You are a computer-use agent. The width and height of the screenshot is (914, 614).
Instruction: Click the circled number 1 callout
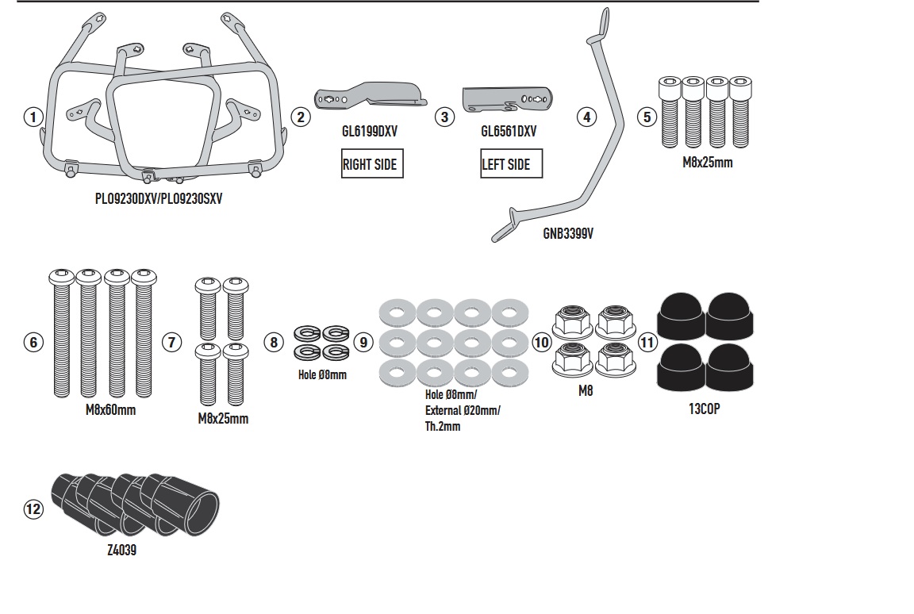[x=33, y=117]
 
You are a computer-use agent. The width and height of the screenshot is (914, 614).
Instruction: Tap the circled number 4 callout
[x=587, y=117]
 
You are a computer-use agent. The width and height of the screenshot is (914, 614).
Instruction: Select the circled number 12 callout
[x=33, y=509]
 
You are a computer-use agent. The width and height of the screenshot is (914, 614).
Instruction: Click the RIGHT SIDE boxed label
[x=372, y=163]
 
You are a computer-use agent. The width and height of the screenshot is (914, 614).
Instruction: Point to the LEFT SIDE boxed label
[x=511, y=163]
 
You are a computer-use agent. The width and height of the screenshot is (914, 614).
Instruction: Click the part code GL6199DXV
[x=370, y=132]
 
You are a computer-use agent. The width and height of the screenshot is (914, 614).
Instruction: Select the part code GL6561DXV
[x=509, y=132]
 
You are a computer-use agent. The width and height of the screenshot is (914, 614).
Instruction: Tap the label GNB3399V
[x=568, y=233]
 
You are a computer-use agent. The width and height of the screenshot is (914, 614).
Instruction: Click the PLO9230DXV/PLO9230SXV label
[x=159, y=198]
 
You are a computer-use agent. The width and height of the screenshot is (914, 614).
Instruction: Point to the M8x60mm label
[x=111, y=410]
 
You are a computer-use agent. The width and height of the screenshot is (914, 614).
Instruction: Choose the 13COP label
[x=705, y=409]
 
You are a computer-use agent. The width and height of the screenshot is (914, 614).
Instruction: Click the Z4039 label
[x=122, y=550]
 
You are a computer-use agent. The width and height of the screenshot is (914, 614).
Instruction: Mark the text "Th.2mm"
[x=443, y=427]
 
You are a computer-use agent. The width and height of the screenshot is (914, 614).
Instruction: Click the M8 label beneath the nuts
[x=586, y=391]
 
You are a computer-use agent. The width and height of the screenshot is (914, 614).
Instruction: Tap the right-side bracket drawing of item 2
[x=370, y=96]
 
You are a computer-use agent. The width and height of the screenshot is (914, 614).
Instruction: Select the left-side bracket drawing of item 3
[x=507, y=99]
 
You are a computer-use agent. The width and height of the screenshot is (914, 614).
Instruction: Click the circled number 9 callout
[x=363, y=342]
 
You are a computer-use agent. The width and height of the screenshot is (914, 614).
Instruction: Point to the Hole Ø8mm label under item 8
[x=322, y=375]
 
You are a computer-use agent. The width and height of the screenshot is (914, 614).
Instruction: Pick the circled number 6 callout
[x=33, y=342]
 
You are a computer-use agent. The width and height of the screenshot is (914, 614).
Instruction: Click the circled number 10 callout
[x=542, y=342]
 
